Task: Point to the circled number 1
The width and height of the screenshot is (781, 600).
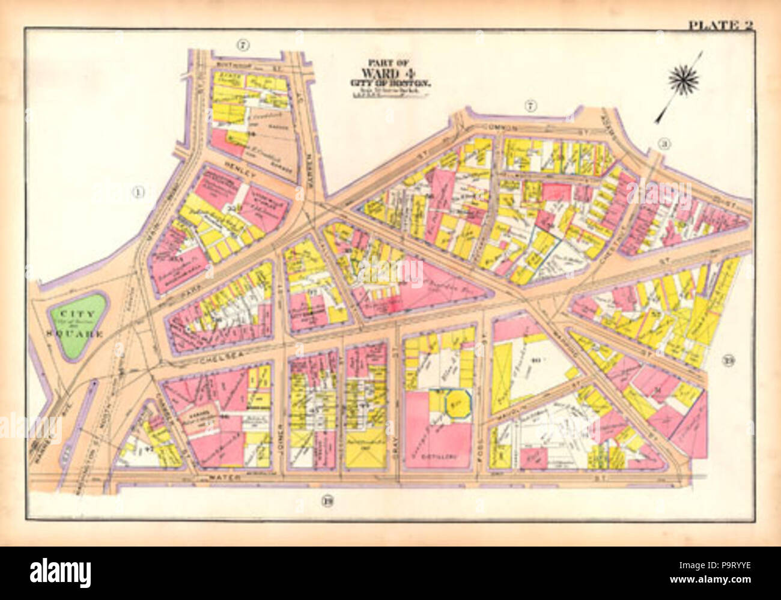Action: coord(138,193)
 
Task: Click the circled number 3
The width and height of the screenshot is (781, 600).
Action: coord(664,143)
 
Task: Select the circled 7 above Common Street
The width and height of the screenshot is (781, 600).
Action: coord(529,107)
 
